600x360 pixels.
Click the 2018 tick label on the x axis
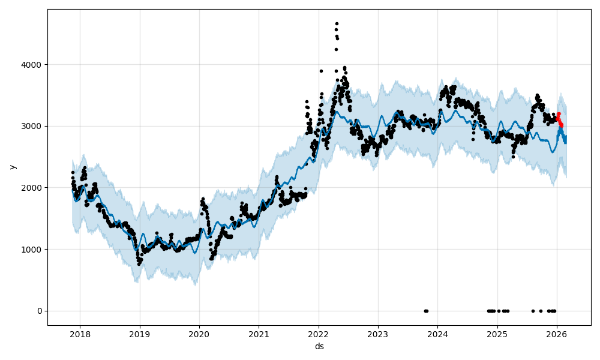pyautogui.click(x=80, y=334)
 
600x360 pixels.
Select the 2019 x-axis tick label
pyautogui.click(x=140, y=334)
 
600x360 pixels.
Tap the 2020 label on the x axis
pyautogui.click(x=199, y=334)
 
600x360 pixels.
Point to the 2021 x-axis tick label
pyautogui.click(x=259, y=334)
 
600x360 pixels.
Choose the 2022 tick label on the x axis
pyautogui.click(x=318, y=334)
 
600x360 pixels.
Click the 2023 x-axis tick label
pyautogui.click(x=378, y=334)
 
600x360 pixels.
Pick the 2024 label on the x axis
pyautogui.click(x=437, y=334)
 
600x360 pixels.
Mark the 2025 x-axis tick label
pyautogui.click(x=497, y=334)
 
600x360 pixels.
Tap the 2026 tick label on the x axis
pyautogui.click(x=556, y=334)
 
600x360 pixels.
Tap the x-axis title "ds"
pyautogui.click(x=319, y=346)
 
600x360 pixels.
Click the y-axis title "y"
pyautogui.click(x=11, y=167)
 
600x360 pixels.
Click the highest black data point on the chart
pyautogui.click(x=337, y=23)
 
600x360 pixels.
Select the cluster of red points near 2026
pyautogui.click(x=559, y=119)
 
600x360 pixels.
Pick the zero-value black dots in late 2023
pyautogui.click(x=426, y=311)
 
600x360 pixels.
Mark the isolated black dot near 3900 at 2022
pyautogui.click(x=321, y=71)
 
